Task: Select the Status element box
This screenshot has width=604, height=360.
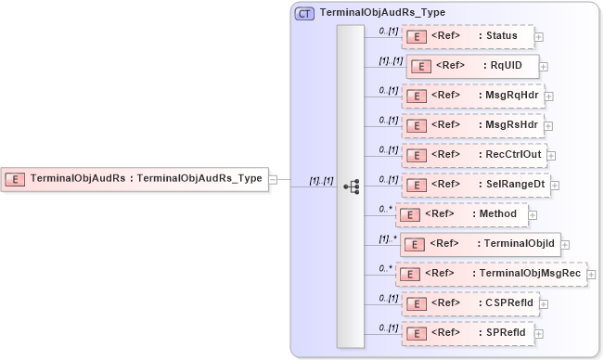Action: (x=468, y=36)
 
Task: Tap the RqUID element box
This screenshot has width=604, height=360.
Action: (x=470, y=67)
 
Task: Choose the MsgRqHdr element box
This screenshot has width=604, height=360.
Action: (x=471, y=95)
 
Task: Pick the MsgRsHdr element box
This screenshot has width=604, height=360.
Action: (x=471, y=124)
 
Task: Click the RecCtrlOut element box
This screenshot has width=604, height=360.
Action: (x=473, y=154)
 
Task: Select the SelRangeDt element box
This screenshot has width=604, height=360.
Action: (x=474, y=184)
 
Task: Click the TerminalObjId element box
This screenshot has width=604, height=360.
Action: (x=479, y=244)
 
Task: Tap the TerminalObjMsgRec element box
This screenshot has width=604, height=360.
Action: (x=491, y=274)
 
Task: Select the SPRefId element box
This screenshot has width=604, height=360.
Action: (x=467, y=332)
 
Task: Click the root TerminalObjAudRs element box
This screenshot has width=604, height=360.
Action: (x=135, y=179)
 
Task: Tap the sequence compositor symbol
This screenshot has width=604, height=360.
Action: (x=351, y=186)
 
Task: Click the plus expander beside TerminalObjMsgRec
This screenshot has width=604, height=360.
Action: (x=592, y=275)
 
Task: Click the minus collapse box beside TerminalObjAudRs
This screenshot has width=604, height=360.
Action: (x=274, y=180)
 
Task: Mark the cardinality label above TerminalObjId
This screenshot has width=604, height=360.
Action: (x=388, y=238)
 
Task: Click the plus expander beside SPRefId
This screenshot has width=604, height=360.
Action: (x=539, y=333)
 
